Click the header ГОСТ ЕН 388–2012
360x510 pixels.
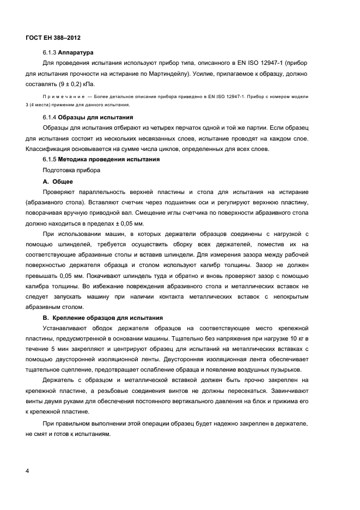53,38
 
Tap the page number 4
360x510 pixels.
27,470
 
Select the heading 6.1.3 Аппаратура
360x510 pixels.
68,53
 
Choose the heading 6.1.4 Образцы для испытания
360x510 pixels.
88,117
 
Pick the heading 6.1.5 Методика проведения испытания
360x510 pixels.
101,160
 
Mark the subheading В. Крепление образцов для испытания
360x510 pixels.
102,318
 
